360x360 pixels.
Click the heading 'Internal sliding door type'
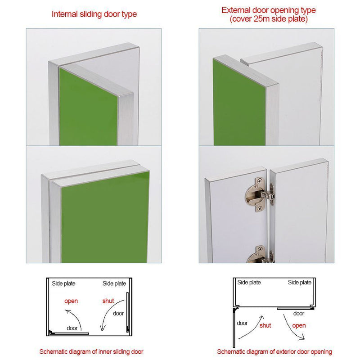[x=94, y=14]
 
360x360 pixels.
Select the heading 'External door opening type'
[x=268, y=10]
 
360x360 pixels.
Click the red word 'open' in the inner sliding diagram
[x=71, y=301]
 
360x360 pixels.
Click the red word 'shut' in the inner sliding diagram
[x=108, y=301]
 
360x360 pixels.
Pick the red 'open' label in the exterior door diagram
[x=299, y=325]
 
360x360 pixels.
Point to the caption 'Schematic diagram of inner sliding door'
[x=91, y=351]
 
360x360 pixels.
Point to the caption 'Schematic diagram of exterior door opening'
[x=274, y=351]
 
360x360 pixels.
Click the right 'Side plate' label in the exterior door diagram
[x=300, y=283]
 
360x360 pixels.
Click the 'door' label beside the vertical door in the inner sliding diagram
[x=118, y=313]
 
